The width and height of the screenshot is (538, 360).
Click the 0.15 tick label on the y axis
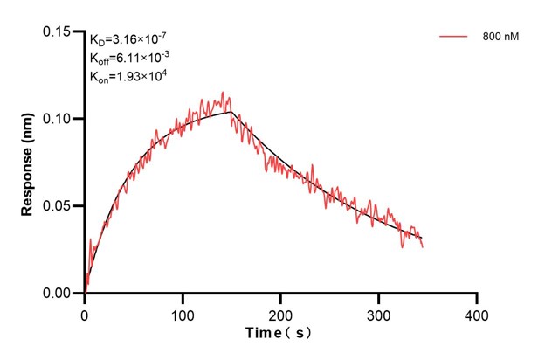click(59, 31)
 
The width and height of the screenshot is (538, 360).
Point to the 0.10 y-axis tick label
click(59, 119)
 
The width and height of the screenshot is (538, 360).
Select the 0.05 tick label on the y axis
click(59, 206)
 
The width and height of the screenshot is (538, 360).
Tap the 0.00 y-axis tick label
click(59, 294)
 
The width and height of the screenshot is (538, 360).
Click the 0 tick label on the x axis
click(85, 313)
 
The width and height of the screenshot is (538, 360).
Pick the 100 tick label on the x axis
click(183, 313)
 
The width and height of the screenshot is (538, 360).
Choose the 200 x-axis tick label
click(280, 313)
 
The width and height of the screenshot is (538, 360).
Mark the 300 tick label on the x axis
click(378, 313)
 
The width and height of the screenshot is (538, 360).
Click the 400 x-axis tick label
click(476, 313)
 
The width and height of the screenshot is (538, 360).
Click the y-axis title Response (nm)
click(29, 163)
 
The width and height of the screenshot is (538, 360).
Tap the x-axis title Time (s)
click(279, 334)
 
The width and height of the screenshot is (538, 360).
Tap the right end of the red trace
click(423, 247)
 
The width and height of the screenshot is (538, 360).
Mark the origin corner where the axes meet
click(85, 294)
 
